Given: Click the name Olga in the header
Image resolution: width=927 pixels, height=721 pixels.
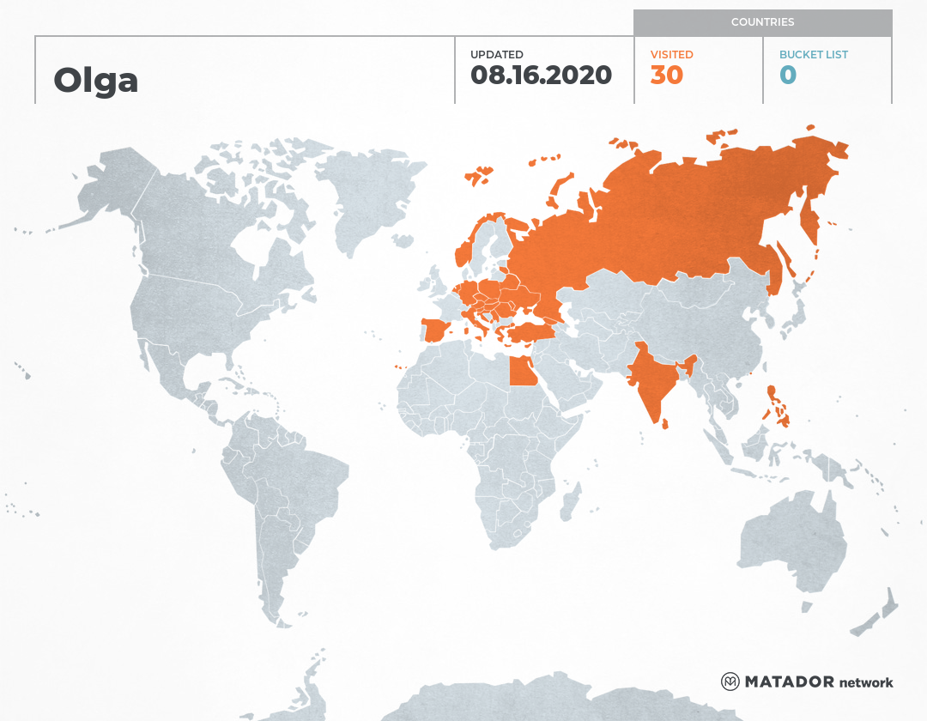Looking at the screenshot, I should (95, 80).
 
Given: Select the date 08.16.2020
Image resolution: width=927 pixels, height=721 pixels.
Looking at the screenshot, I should (541, 76).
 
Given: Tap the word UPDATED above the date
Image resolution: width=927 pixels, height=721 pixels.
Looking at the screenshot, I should (496, 55).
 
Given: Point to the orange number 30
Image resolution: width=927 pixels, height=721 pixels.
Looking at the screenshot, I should (666, 76).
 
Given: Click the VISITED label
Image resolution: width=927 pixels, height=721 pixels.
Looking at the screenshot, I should (671, 55).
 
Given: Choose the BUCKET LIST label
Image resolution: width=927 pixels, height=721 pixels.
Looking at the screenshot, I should (813, 55).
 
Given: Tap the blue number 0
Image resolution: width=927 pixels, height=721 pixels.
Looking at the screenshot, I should (787, 76).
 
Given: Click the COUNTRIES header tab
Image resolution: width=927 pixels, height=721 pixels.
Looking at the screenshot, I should (762, 22).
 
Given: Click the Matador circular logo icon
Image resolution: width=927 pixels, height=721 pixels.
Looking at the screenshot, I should (730, 682).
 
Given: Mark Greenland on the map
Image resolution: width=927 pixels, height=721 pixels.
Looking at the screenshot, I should (369, 193).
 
